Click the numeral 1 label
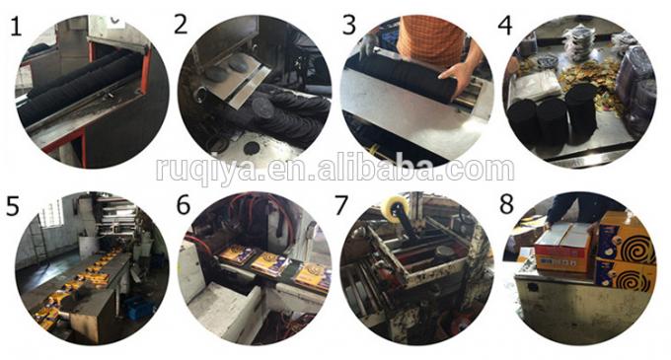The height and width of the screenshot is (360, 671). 16,27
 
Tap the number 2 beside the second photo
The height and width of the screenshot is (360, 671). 181,24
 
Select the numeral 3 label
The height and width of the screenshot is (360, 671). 349,25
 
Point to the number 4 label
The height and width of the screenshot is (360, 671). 505,25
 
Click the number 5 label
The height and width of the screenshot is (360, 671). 13,205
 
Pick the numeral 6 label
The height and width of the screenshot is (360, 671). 184,204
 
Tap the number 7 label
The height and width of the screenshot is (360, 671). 341,205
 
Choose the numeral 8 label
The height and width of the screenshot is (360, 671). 506,204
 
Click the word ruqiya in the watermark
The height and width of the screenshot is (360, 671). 206,171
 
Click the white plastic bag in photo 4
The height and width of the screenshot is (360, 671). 537,84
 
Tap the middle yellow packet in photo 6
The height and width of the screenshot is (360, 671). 270,263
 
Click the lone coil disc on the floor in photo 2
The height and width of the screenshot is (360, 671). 251,148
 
